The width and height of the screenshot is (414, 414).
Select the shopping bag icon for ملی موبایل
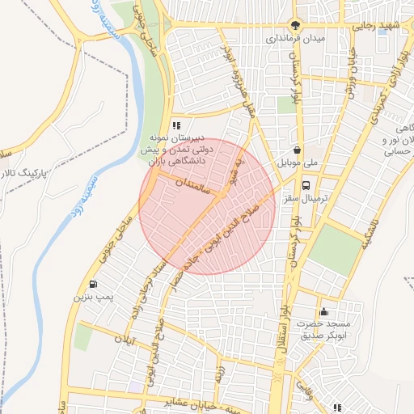(298, 149)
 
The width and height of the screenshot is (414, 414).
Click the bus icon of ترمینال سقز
(304, 184)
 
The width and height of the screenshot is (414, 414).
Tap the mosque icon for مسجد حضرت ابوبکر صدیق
(323, 312)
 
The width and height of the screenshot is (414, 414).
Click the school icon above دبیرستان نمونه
(175, 125)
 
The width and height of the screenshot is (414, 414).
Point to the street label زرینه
(220, 371)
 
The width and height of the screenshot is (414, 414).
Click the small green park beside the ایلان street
(82, 337)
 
